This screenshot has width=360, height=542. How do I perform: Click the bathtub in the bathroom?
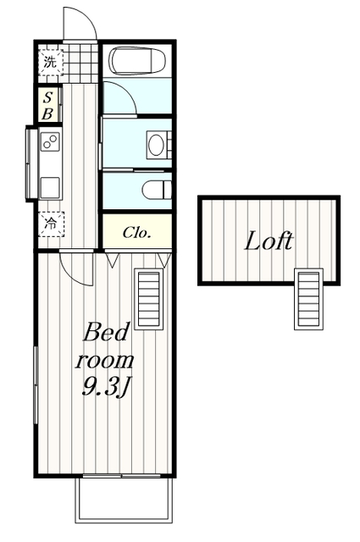[137, 60]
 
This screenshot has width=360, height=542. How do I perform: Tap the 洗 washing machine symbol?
[51, 63]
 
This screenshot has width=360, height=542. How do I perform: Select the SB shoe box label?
[47, 105]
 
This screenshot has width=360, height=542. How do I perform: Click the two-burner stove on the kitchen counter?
[50, 141]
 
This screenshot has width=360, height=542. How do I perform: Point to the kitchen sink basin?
[50, 187]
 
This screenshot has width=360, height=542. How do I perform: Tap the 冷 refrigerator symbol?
[51, 224]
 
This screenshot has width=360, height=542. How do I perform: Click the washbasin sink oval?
[156, 145]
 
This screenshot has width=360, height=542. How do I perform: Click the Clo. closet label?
[137, 232]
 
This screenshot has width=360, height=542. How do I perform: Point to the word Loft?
[269, 241]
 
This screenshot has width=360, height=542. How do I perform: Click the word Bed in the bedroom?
[106, 332]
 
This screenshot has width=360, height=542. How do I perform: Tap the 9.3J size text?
[105, 387]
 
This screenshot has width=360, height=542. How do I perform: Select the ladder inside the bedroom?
[149, 299]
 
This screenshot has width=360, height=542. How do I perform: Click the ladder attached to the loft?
[308, 299]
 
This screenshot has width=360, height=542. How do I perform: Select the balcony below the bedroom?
[124, 498]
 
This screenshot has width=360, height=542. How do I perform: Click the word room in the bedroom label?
[104, 361]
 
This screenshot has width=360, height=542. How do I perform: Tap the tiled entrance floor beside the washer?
[81, 63]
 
